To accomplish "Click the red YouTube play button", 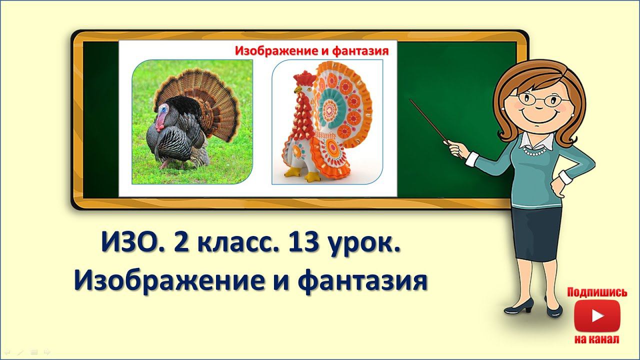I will coord(597,316).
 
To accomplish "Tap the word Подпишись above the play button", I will coord(597,292).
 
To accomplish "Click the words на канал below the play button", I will coord(597,339).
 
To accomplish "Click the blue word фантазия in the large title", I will coord(362,281).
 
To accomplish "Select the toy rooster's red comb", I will coord(303,78).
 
